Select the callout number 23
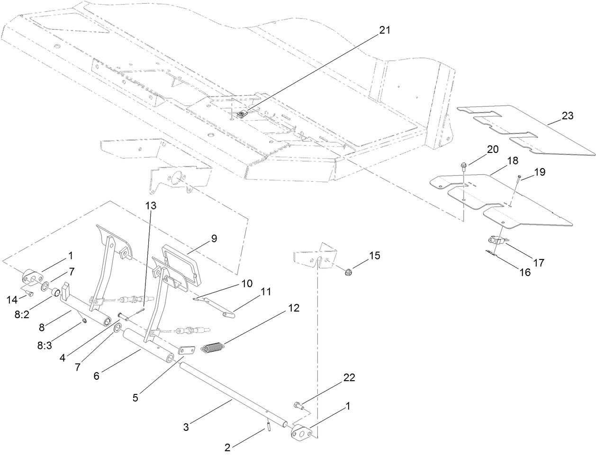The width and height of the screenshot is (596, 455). tap(567, 116)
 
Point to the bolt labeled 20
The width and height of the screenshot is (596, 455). tap(463, 166)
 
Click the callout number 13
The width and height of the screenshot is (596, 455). tap(150, 205)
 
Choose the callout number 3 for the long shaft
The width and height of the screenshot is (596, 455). tap(186, 427)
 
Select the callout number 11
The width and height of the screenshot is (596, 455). tap(265, 292)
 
